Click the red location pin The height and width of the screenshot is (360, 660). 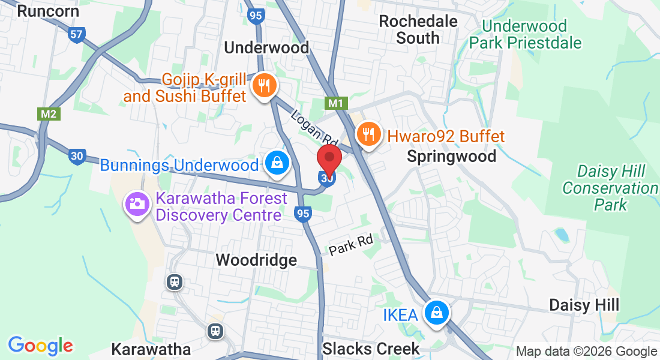(x=329, y=159)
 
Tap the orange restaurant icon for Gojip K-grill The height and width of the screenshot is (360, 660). (x=263, y=85)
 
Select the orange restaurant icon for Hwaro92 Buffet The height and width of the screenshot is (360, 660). (x=367, y=133)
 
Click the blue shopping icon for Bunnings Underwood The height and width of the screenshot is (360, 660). (x=277, y=162)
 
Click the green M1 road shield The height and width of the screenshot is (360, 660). (x=335, y=103)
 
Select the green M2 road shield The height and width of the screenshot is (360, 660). (x=48, y=113)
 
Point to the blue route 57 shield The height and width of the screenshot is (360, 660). (x=76, y=34)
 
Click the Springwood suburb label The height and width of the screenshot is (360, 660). (x=451, y=157)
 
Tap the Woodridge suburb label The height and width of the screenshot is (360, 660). (x=256, y=260)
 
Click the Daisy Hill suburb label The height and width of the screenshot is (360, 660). (x=584, y=305)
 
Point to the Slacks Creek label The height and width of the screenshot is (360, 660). (x=371, y=349)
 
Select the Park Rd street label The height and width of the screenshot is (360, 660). (x=350, y=244)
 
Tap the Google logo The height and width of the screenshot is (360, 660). (x=40, y=346)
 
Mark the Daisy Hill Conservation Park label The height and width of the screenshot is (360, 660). (x=610, y=188)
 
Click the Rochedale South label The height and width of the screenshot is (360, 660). (x=418, y=29)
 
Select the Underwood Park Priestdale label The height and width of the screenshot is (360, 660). (x=525, y=34)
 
